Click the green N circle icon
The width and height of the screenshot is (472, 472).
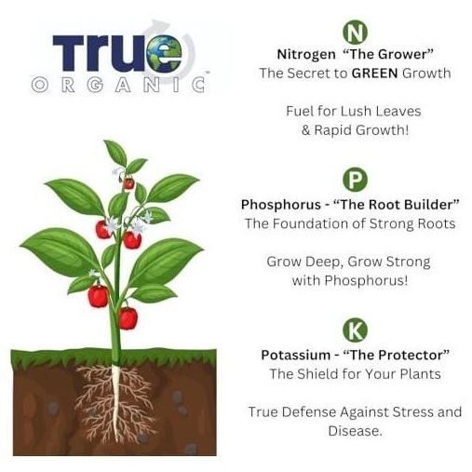tap(355, 32)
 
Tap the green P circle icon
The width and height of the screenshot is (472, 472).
tap(355, 179)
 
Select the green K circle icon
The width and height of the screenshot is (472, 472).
tap(355, 330)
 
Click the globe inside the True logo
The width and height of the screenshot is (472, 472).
tap(165, 53)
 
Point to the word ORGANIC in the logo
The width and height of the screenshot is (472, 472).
tap(118, 85)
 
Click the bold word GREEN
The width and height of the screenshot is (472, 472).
tap(374, 74)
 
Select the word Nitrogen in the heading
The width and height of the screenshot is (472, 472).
tap(306, 55)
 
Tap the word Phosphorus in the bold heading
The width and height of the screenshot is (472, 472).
tap(281, 205)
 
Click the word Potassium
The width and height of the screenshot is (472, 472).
tap(295, 355)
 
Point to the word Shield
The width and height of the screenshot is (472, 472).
tap(317, 374)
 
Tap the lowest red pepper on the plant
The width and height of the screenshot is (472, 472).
tap(128, 317)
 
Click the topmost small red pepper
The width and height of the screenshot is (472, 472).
tap(128, 183)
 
